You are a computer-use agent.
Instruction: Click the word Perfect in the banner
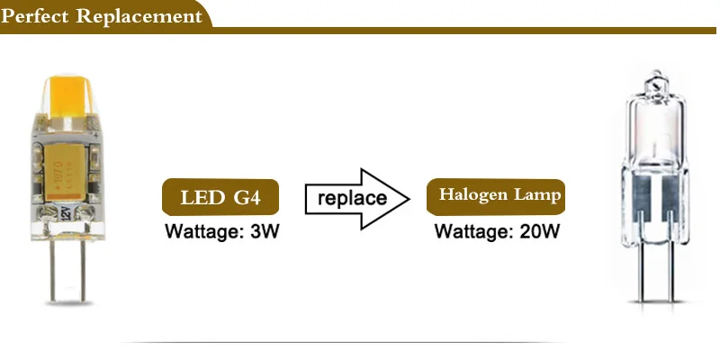point(35,16)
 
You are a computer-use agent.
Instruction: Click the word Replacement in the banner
point(139,16)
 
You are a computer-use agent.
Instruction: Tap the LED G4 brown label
point(220,197)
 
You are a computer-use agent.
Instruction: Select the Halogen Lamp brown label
point(496,197)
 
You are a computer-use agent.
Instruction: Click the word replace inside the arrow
point(352,198)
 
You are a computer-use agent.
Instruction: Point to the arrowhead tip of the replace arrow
point(409,199)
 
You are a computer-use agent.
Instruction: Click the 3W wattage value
point(264,231)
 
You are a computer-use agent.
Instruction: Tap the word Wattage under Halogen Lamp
point(474,231)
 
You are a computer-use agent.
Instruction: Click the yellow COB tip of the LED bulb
point(68,97)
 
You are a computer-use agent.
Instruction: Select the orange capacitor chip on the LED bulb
point(66,172)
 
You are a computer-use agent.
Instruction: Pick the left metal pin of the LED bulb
point(52,271)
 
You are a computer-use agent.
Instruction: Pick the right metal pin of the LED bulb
point(83,271)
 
